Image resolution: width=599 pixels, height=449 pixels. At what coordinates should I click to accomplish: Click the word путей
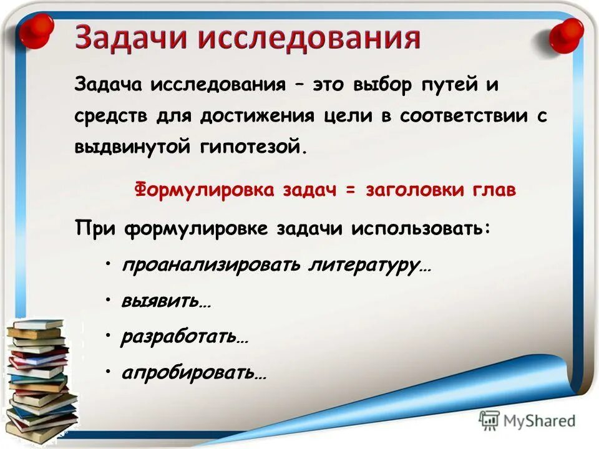[449, 85]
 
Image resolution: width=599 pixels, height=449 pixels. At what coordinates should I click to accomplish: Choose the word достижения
[260, 117]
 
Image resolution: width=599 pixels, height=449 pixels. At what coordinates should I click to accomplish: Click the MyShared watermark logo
[527, 420]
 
